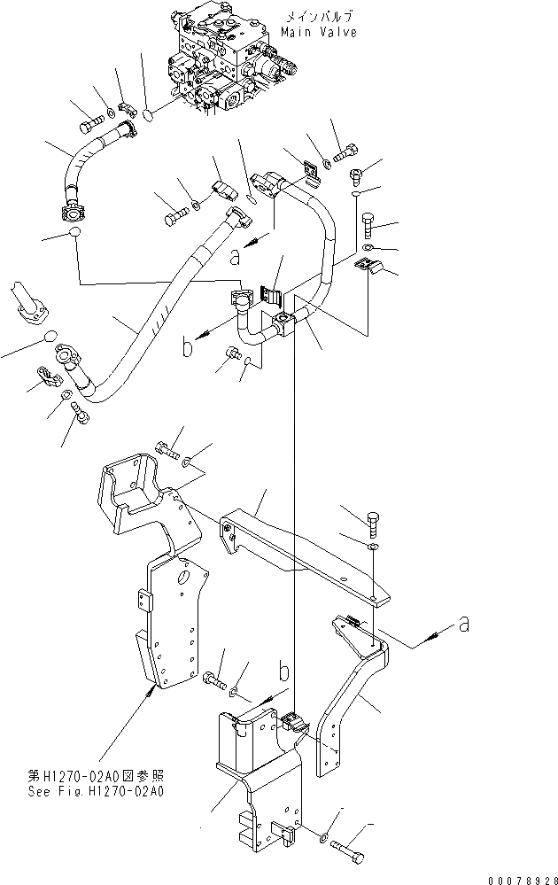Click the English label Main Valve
pyautogui.click(x=319, y=32)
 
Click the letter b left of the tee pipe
pyautogui.click(x=187, y=347)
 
